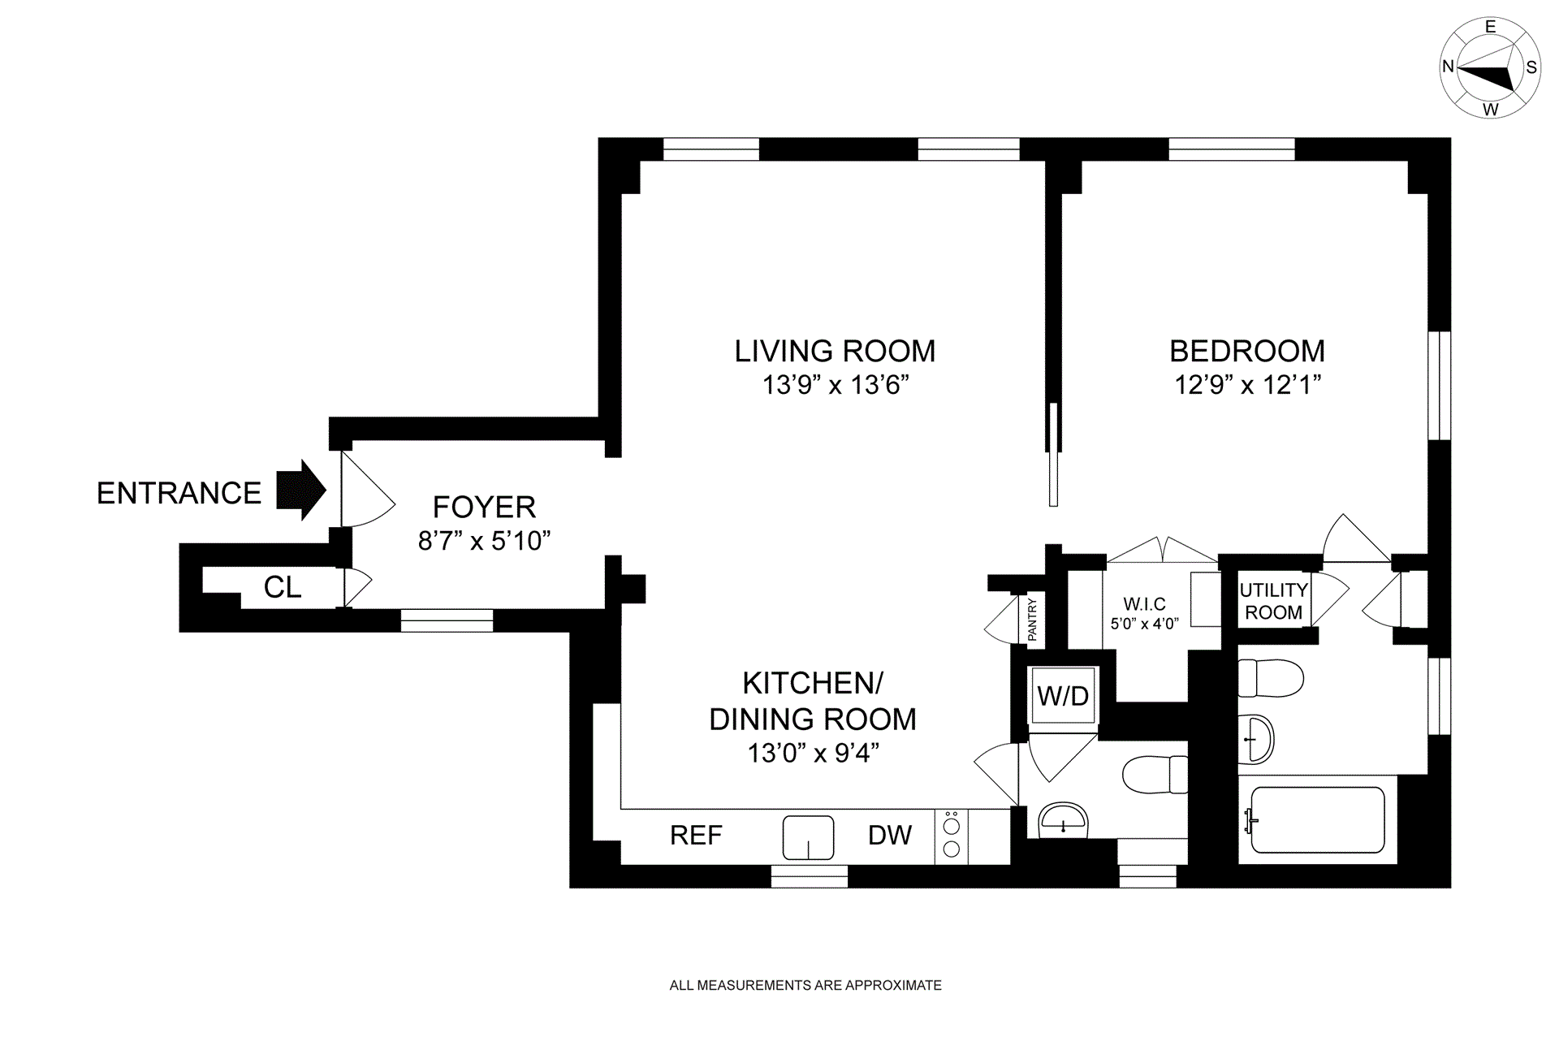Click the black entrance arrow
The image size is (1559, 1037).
(x=301, y=490)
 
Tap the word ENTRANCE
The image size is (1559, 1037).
(x=179, y=493)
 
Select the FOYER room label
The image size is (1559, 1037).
(x=484, y=508)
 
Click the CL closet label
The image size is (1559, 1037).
(x=283, y=587)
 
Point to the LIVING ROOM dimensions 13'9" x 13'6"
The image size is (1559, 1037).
(x=835, y=384)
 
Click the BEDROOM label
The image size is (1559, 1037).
(x=1247, y=351)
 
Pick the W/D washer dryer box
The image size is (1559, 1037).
(x=1063, y=695)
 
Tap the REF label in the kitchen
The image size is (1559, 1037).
(x=696, y=836)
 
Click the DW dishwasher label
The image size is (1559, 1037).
(x=890, y=836)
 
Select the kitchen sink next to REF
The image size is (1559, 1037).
(x=808, y=837)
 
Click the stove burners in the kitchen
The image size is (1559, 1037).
(x=952, y=836)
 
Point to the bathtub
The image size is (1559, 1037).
(x=1317, y=819)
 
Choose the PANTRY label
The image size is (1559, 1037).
(x=1033, y=620)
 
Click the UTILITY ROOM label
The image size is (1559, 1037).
(x=1273, y=602)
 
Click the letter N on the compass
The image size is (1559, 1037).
(x=1448, y=67)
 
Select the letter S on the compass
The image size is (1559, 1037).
(x=1531, y=67)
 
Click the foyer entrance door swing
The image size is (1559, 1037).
(x=368, y=489)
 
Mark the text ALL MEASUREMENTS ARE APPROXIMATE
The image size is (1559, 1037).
(x=805, y=986)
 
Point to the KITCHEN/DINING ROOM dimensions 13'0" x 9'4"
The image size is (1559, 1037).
(x=814, y=754)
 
